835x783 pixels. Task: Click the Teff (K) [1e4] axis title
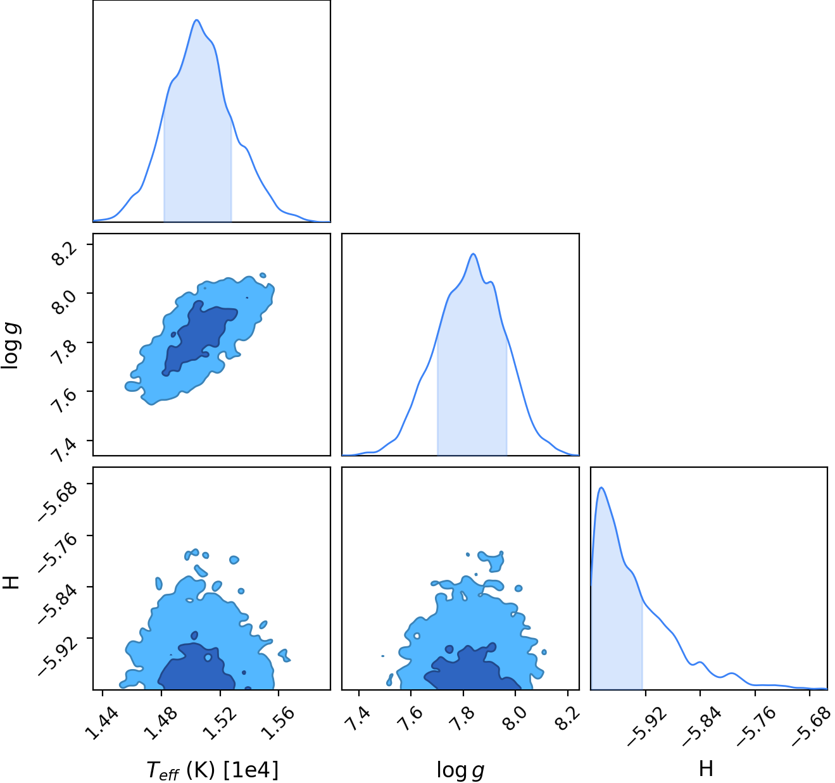click(212, 770)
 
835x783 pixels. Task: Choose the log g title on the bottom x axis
click(460, 770)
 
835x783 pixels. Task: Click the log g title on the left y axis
click(10, 346)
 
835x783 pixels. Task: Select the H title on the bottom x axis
click(706, 768)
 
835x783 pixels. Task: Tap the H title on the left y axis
click(11, 582)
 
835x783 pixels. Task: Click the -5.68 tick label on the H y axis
click(58, 501)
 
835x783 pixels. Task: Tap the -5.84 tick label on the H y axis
click(58, 604)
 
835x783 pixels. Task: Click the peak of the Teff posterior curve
click(196, 20)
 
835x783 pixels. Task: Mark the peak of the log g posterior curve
click(474, 254)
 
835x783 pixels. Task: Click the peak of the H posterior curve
click(601, 487)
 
